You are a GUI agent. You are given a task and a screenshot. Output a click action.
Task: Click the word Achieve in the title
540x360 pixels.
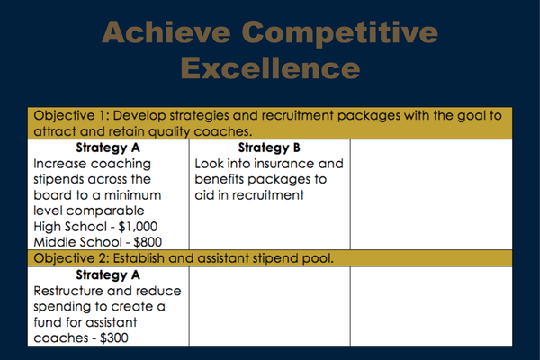point(166,31)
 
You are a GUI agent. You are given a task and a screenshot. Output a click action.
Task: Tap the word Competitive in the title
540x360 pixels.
point(340,34)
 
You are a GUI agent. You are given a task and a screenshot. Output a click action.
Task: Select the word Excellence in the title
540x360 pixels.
point(270,67)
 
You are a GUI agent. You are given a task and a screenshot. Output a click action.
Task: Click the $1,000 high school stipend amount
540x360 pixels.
point(138,227)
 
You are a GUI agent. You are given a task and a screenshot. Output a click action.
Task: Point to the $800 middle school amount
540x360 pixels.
point(148,242)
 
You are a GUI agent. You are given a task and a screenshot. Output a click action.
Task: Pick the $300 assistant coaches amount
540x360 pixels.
point(114,338)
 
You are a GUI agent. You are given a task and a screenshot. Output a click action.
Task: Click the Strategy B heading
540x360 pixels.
point(269,148)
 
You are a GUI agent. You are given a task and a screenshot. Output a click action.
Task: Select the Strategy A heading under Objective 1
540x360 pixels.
point(108,148)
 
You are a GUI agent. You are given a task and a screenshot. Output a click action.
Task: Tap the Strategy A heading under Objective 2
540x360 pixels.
point(108,274)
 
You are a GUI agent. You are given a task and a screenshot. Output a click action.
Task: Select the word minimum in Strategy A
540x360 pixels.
point(132,195)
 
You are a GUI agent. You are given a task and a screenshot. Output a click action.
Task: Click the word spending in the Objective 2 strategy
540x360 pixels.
point(62,307)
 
